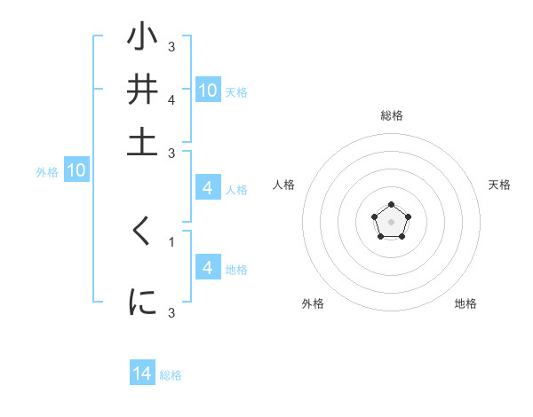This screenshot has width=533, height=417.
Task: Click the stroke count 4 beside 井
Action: [171, 100]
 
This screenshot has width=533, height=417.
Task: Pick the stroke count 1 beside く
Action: [171, 241]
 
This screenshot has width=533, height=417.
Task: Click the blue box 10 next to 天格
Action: [208, 90]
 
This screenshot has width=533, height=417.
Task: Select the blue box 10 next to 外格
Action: [76, 171]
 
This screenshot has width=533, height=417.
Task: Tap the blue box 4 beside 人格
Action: [208, 188]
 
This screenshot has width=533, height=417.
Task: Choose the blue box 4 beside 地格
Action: [208, 268]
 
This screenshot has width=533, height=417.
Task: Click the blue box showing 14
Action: [142, 374]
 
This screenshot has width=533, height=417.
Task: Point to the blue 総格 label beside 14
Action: [171, 375]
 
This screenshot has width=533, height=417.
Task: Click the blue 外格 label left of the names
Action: [47, 172]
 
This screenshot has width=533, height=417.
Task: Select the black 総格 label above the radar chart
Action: [392, 115]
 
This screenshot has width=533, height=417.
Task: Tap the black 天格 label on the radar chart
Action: [500, 185]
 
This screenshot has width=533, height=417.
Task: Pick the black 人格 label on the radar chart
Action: [284, 185]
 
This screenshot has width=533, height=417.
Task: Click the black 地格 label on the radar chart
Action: [465, 303]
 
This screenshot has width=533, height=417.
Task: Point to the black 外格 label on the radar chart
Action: [313, 303]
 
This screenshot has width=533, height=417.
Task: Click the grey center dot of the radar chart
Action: [392, 221]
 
